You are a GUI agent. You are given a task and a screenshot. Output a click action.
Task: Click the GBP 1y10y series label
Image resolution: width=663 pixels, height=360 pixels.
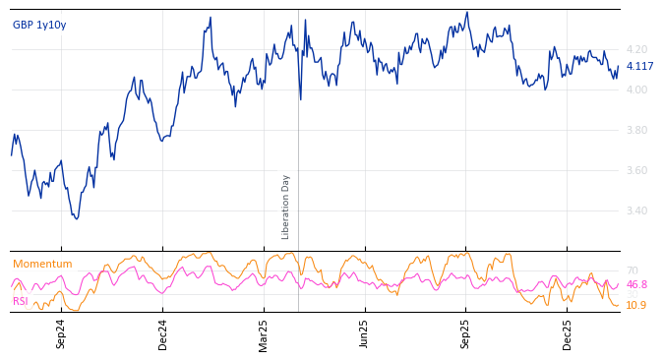[x=39, y=25]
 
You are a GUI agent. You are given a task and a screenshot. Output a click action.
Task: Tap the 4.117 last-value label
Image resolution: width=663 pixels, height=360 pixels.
[x=639, y=67]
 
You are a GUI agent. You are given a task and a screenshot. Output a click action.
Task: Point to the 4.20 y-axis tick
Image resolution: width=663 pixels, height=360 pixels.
[x=636, y=49]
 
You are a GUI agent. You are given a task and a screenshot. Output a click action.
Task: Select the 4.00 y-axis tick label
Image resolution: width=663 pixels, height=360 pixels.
[x=636, y=90]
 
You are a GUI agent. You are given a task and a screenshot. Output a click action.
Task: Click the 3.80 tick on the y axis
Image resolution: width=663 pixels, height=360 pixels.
[x=636, y=130]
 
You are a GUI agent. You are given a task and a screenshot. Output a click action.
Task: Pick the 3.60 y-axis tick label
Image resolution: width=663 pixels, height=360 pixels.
[x=636, y=170]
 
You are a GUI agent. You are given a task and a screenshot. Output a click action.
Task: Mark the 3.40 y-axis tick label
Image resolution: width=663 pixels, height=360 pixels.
[x=636, y=210]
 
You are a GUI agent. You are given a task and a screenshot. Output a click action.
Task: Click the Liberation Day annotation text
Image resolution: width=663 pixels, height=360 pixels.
[x=286, y=207]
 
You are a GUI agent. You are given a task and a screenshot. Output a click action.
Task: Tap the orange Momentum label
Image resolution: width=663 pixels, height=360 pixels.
[x=42, y=264]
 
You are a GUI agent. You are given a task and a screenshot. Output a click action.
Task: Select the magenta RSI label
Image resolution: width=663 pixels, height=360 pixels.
[x=21, y=301]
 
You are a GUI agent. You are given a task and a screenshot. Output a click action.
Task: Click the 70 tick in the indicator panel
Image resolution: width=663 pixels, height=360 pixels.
[x=632, y=270]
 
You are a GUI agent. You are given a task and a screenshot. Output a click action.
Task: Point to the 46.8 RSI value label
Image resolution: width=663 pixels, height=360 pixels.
[x=636, y=285]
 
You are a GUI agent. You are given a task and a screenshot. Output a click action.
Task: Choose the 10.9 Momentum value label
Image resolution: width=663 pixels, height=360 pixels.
[x=636, y=305]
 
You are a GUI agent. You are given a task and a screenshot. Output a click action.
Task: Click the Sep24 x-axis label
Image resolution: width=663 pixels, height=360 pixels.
[x=61, y=333]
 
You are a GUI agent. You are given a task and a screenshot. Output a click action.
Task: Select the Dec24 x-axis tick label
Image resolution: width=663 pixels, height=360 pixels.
[x=163, y=333]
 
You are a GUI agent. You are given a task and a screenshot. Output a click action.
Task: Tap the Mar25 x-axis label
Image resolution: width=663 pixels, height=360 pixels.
[x=264, y=333]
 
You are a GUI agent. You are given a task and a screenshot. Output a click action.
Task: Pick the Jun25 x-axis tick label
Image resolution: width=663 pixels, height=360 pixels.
[x=364, y=333]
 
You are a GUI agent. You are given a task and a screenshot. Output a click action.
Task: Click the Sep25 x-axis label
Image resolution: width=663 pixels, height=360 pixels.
[x=465, y=333]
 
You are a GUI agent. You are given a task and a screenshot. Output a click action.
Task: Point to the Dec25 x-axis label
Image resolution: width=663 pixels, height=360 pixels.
[x=568, y=333]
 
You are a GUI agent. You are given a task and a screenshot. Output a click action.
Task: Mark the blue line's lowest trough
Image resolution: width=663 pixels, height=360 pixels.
[x=76, y=217]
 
